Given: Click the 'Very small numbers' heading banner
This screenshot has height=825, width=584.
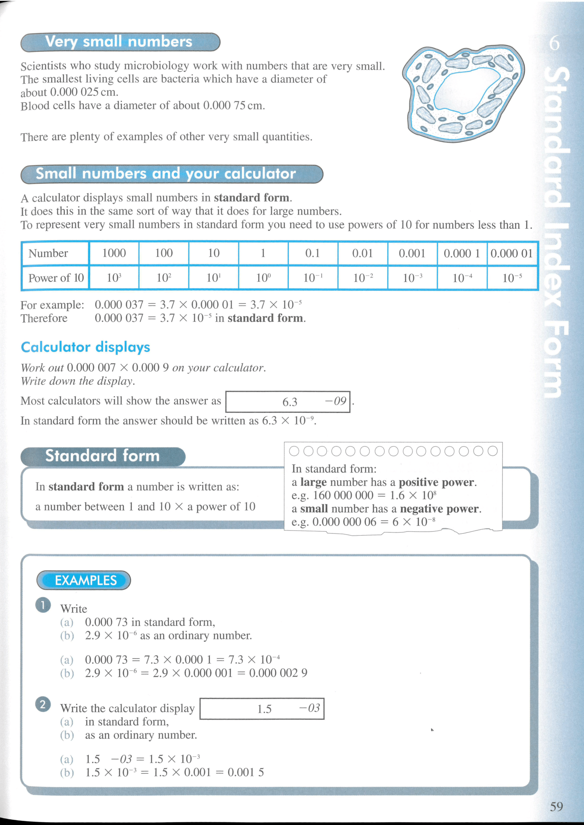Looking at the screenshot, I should pos(120,42).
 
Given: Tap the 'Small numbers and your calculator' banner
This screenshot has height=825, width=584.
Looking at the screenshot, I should pos(171,174).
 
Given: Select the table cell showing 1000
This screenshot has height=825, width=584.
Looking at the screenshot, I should pos(114,253).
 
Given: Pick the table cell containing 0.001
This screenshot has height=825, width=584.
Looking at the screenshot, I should pos(412,253).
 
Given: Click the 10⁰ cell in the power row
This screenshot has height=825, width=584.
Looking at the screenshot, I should pos(263,278).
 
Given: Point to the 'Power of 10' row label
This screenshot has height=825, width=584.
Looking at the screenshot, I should pos(56,278).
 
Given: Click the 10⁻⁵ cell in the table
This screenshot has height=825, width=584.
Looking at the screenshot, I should pos(512,278).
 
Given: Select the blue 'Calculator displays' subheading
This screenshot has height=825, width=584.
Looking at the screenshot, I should pos(86,347).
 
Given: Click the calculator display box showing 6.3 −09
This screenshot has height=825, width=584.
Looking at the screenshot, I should pos(288,402).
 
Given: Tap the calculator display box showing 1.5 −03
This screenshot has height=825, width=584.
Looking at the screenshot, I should pos(262,709).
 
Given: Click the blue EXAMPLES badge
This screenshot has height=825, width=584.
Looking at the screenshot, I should pos(84,580).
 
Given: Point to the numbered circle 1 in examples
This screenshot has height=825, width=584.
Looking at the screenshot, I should pos(43,605).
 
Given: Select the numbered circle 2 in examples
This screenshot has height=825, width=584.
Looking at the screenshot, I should pos(43,705).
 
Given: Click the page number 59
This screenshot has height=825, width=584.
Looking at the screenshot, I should pos(556,806).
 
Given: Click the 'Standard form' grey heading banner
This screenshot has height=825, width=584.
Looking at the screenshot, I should pos(103,456).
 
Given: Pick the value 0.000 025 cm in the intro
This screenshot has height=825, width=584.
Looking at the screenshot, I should pos(84,92).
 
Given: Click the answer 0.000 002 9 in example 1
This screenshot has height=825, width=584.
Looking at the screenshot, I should pos(278,673).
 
